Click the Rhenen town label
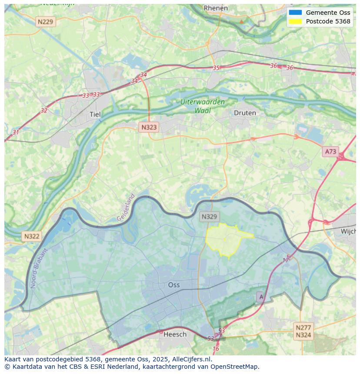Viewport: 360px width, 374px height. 216,8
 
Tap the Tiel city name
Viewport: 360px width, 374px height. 94,114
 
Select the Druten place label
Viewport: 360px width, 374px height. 245,113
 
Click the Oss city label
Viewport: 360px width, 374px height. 174,285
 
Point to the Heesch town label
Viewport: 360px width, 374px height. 175,334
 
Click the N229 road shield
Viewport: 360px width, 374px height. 46,22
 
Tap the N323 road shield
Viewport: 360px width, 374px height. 149,127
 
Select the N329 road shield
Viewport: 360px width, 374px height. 210,216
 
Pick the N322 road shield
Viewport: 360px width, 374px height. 32,236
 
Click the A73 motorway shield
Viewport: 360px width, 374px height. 330,152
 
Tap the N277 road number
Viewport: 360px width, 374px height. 303,328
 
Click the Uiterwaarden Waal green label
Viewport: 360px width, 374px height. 203,106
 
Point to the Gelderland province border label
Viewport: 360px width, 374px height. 126,207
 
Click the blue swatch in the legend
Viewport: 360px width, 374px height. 295,13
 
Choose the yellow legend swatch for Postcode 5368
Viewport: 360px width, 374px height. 295,21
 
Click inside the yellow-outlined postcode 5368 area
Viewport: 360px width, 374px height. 224,240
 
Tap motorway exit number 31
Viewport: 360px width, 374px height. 16,132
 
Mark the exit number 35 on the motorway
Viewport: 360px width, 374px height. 216,68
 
